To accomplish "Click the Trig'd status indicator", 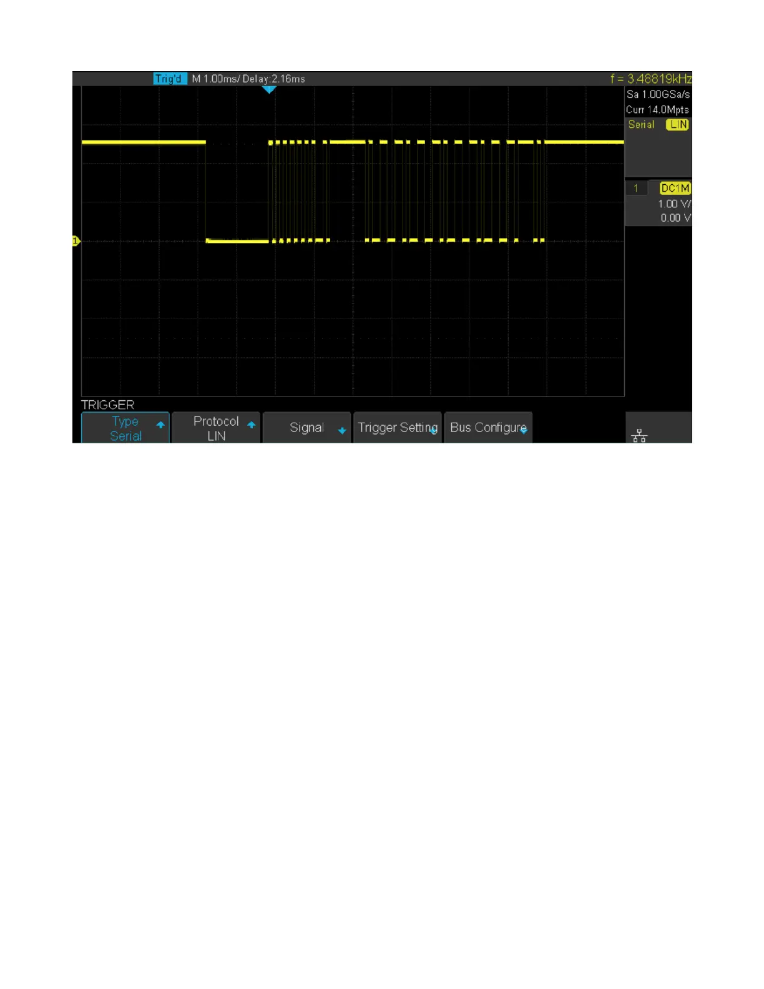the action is tap(169, 79).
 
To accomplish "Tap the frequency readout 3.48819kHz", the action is tap(659, 79).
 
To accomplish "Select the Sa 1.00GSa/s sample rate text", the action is tap(658, 94).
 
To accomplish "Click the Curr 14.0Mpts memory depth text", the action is tap(657, 109).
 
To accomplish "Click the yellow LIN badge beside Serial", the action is tap(678, 124).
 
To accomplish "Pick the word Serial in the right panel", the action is tap(641, 124).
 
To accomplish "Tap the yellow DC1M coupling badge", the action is tap(675, 188).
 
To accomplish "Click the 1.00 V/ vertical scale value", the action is tap(674, 204).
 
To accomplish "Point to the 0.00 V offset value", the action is tap(675, 218).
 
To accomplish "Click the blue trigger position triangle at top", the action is tap(269, 90).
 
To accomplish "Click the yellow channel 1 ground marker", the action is tap(76, 241).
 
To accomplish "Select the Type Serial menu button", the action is tap(125, 428).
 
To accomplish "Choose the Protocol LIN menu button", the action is tap(216, 428).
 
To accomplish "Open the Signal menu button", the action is tap(306, 428).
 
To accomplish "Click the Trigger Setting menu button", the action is tap(398, 428).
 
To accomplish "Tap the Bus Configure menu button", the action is tap(488, 428).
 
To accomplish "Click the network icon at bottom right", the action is tap(639, 435).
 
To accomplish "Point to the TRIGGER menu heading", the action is tap(108, 405).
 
